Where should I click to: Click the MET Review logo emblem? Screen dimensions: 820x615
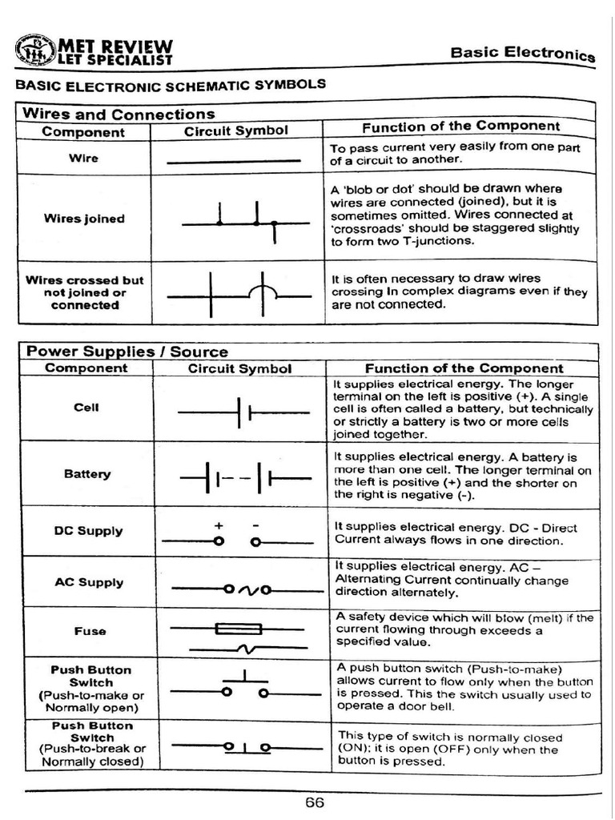point(34,50)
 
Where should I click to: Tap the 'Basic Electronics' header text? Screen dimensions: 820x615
point(522,54)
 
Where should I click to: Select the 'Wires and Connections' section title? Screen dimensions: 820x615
point(119,114)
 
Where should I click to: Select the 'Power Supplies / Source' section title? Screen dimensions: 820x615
point(127,352)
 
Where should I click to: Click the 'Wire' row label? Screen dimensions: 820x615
point(83,158)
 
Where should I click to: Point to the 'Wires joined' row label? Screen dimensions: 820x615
point(84,219)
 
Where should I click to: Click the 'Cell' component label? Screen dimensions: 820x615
point(86,407)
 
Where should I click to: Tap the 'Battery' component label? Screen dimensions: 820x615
point(87,473)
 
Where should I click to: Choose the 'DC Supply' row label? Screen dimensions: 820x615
point(88,531)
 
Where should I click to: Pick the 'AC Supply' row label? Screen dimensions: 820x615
point(88,582)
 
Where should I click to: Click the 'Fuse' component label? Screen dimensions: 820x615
point(90,631)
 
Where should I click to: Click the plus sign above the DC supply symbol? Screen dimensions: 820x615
point(218,525)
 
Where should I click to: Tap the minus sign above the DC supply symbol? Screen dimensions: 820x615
point(255,525)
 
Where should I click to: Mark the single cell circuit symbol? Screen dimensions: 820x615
point(243,412)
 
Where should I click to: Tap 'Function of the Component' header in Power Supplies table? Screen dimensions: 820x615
point(464,368)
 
